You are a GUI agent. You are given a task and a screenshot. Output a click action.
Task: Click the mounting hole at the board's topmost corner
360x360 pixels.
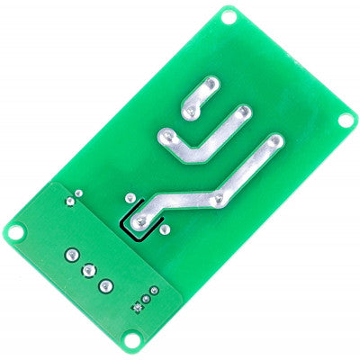pyautogui.click(x=229, y=15)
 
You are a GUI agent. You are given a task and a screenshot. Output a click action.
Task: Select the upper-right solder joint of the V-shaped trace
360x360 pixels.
pyautogui.click(x=243, y=112)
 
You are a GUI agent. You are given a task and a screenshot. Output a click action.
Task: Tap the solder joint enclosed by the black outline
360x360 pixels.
pyautogui.click(x=140, y=219)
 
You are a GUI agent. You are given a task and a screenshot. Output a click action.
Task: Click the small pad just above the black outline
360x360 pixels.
pyautogui.click(x=130, y=197)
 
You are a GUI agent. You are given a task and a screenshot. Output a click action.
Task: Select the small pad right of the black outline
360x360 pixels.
pyautogui.click(x=165, y=229)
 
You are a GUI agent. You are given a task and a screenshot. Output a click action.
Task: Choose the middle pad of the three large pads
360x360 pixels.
pyautogui.click(x=87, y=269)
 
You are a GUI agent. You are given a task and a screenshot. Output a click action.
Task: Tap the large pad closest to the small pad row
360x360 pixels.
pyautogui.click(x=106, y=285)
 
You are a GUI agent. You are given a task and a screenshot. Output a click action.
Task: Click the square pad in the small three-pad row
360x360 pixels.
pyautogui.click(x=137, y=308)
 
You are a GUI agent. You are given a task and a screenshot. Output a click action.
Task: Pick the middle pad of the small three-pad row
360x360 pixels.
pyautogui.click(x=146, y=299)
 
